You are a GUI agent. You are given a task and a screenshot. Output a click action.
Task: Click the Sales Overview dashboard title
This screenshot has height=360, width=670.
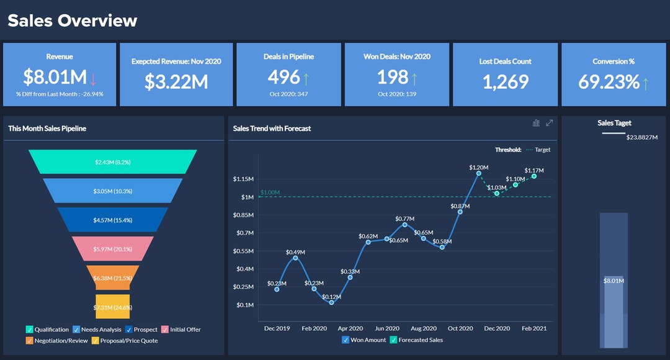tap(72, 20)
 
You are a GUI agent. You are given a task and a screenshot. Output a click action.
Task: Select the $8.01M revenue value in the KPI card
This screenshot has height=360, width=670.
tap(55, 77)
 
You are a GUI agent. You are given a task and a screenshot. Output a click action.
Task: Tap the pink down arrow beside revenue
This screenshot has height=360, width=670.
tap(94, 79)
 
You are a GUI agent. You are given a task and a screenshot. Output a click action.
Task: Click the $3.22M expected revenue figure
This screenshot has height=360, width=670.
tap(176, 81)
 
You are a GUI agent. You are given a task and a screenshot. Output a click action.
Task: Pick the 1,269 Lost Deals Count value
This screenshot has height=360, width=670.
tap(505, 81)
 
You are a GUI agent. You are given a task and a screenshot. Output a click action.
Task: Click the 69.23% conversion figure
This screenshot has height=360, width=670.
tap(609, 81)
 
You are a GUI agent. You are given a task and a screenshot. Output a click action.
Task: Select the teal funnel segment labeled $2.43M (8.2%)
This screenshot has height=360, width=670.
tap(112, 161)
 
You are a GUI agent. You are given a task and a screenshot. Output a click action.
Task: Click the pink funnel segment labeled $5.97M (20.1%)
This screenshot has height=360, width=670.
tap(112, 249)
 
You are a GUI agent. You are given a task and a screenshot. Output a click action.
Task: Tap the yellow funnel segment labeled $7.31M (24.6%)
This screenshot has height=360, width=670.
tap(112, 307)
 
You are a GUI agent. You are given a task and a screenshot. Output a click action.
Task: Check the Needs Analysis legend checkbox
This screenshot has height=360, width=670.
tap(76, 330)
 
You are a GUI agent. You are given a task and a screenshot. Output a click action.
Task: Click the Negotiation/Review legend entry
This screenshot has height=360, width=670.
tap(61, 341)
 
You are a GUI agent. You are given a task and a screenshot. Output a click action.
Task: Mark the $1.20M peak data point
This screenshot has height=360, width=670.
tap(478, 174)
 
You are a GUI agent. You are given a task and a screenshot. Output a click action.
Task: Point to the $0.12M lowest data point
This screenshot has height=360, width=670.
tap(331, 302)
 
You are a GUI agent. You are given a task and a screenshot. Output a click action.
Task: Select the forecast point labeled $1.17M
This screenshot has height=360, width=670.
tap(534, 176)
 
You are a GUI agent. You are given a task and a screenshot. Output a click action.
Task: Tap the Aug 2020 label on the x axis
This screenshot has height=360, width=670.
tap(424, 328)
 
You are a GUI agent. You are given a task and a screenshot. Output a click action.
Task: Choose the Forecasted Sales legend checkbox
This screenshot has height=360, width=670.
tap(393, 340)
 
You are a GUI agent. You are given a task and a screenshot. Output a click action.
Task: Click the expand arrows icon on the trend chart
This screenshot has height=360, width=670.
tap(549, 123)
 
